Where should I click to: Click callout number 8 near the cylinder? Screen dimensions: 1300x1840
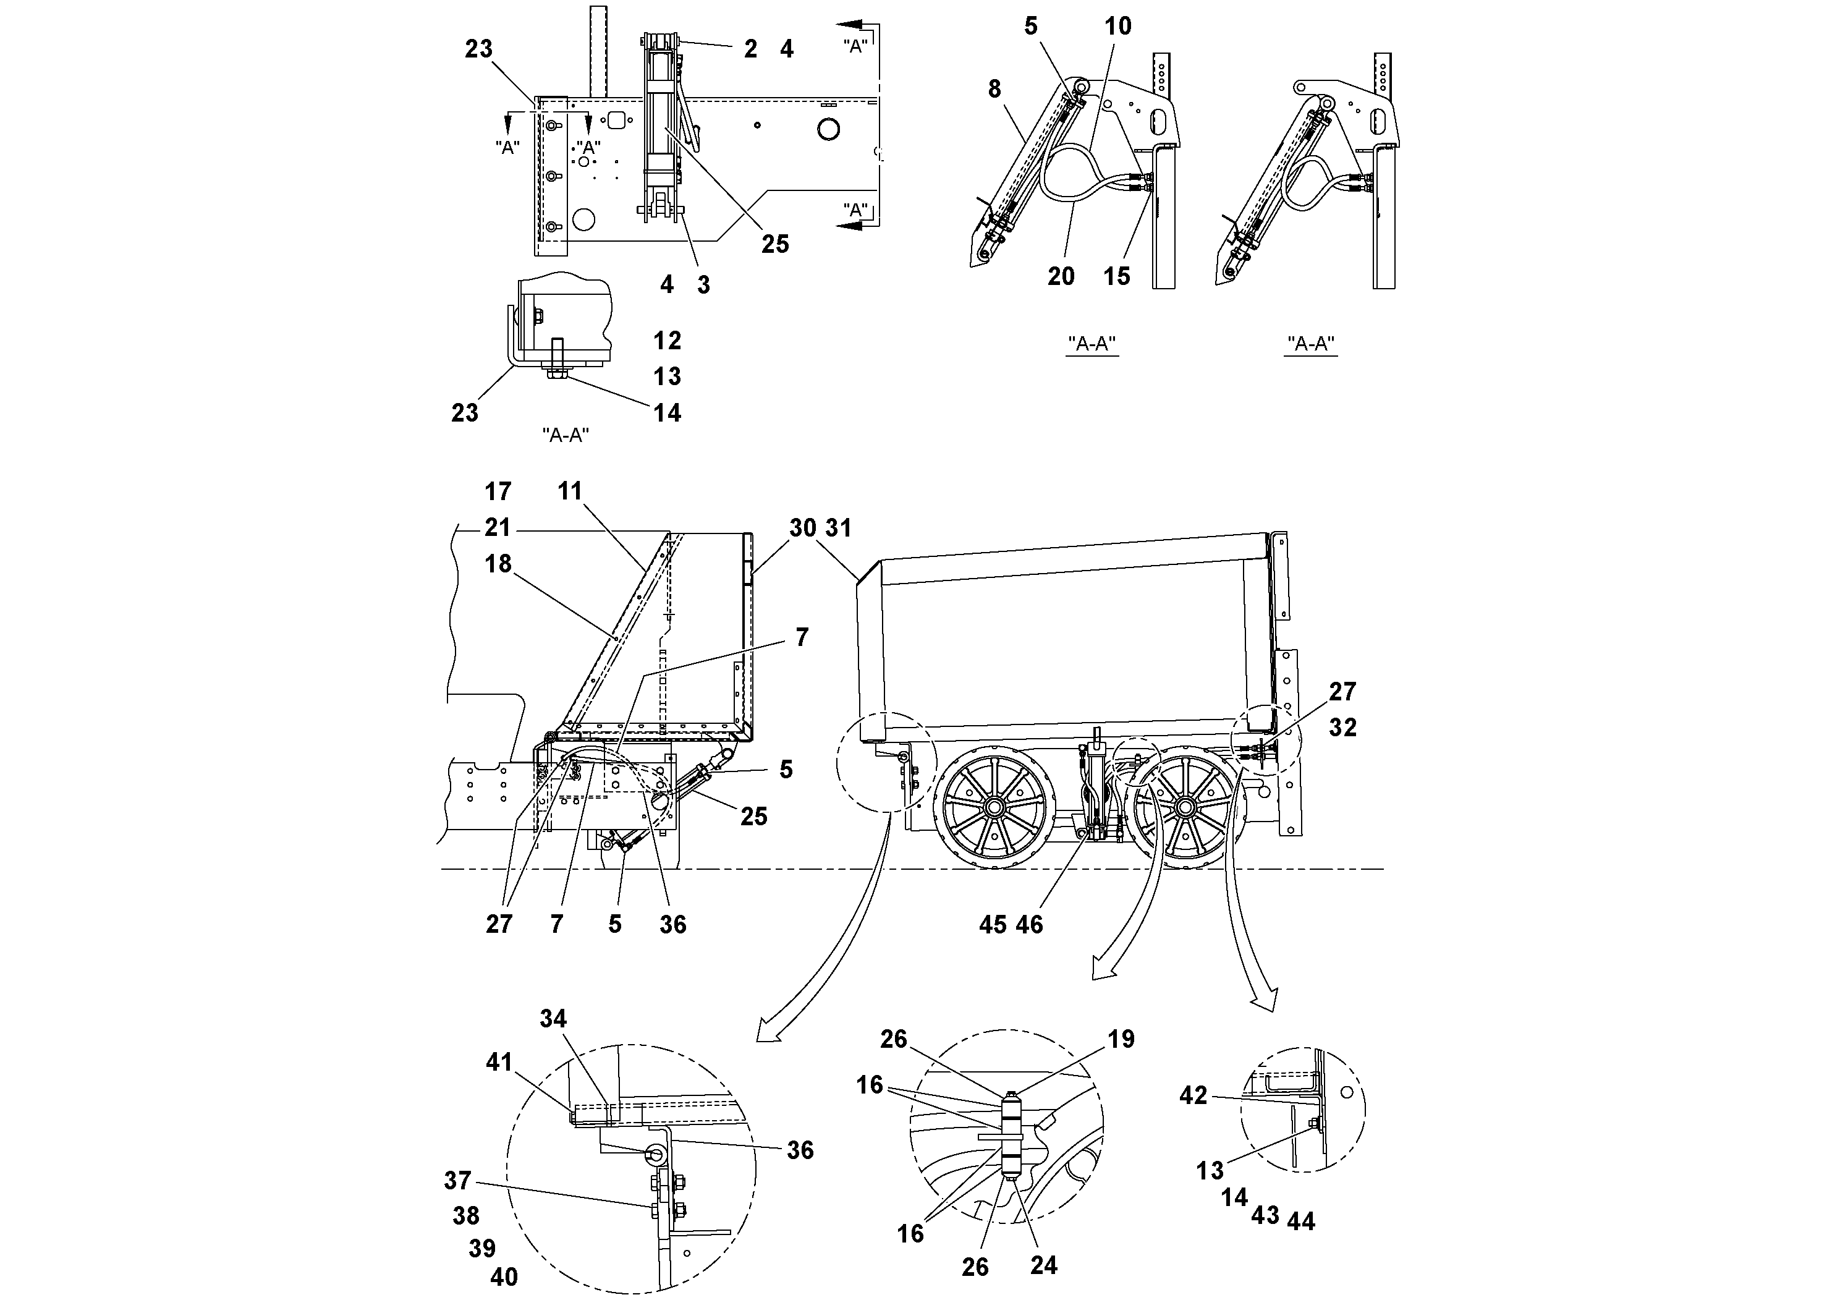coord(994,89)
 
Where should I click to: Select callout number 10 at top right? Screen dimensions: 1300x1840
coord(1118,27)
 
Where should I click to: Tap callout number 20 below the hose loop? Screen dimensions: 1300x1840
coord(1061,276)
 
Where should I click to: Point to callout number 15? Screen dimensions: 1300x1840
coord(1116,276)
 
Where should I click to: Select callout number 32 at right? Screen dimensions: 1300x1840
coord(1342,727)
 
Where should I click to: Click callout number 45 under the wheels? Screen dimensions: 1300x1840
coord(992,925)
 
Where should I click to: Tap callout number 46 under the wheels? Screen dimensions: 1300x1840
coord(1030,925)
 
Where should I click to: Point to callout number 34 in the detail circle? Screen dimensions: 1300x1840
coord(553,1019)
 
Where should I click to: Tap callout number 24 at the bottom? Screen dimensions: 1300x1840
coord(1043,1265)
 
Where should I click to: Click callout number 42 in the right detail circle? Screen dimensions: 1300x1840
coord(1193,1095)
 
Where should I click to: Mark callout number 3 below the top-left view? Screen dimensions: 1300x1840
coord(703,284)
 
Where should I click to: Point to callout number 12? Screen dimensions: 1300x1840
coord(667,341)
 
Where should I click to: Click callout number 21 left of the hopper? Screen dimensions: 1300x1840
coord(498,527)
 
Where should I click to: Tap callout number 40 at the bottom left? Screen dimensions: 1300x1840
coord(504,1276)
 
